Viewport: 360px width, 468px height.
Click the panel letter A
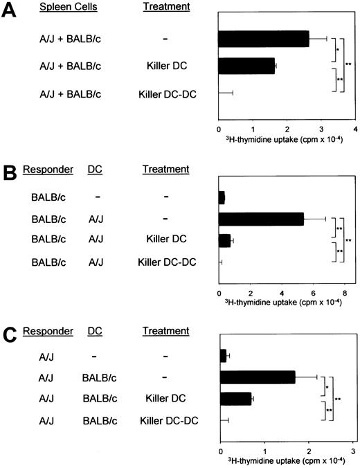coord(9,10)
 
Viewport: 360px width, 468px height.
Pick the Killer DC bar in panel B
coord(224,240)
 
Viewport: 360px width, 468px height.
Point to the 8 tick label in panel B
coord(344,282)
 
